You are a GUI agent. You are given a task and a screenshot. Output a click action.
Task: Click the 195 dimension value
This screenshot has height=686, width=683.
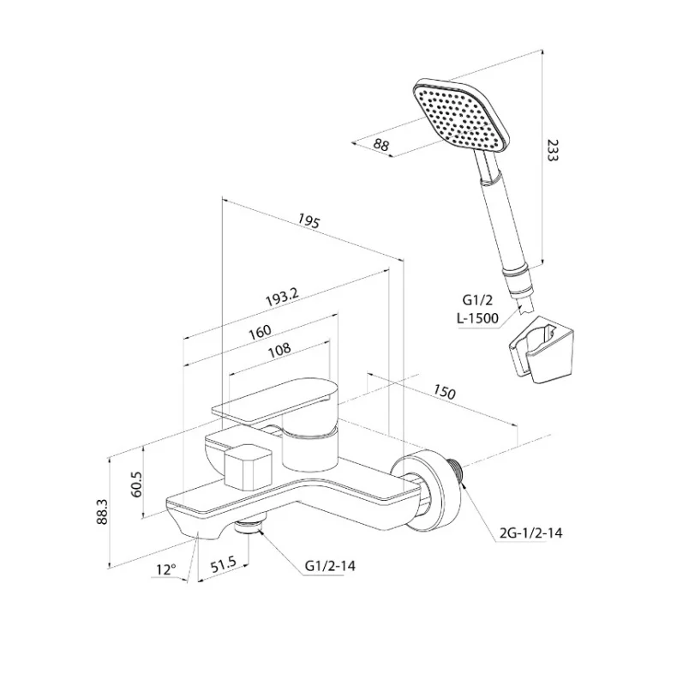point(309,221)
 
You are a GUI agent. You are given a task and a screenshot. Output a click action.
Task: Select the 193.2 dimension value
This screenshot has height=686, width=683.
point(283,298)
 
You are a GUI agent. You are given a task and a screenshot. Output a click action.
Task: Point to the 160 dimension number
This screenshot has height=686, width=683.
point(260,332)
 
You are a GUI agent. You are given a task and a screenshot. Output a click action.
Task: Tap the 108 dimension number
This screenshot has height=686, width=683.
point(279,350)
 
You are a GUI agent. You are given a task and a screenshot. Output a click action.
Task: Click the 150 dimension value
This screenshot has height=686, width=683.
point(444,392)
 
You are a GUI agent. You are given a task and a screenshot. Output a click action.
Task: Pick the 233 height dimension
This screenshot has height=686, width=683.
point(552,150)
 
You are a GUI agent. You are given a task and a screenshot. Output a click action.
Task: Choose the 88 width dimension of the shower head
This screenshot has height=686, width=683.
point(381,144)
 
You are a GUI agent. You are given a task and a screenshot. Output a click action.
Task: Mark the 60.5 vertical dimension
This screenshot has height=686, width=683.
point(136,484)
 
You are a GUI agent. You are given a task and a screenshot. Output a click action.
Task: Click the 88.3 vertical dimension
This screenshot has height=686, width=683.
point(102,512)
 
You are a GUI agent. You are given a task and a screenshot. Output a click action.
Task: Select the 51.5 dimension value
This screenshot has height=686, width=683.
point(223,565)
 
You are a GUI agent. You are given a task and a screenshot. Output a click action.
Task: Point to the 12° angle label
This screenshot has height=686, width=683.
point(166,569)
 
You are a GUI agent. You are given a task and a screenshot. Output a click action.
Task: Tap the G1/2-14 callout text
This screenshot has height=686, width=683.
point(330,566)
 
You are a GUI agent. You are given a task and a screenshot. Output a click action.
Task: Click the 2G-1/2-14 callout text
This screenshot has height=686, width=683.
point(530,533)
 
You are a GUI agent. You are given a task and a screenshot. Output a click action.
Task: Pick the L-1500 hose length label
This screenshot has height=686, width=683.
point(477,318)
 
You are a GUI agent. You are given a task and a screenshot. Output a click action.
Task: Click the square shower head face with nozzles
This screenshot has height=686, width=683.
point(461,115)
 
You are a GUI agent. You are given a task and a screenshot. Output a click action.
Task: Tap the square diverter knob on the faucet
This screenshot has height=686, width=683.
point(247,466)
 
